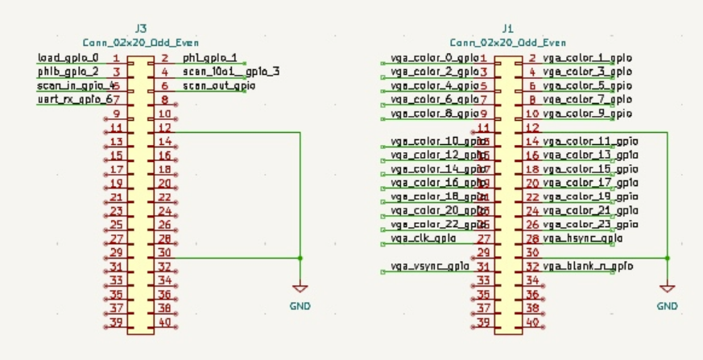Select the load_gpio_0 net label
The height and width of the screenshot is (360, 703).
coord(68,59)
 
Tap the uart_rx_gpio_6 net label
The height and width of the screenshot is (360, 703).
coord(71,99)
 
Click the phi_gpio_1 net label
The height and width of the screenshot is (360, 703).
coord(209,59)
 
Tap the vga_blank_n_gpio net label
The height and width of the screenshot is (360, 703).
coord(587,266)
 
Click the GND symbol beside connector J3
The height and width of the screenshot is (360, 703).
coord(300,288)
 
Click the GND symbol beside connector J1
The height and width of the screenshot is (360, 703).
coord(667,288)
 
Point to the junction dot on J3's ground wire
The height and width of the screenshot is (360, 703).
coord(300,258)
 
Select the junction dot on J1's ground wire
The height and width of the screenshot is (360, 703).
coord(667,258)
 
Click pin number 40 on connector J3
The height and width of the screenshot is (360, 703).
coord(164,322)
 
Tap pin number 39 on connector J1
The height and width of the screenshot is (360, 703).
coord(483,322)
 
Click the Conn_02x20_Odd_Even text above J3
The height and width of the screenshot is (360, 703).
coord(141,42)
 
